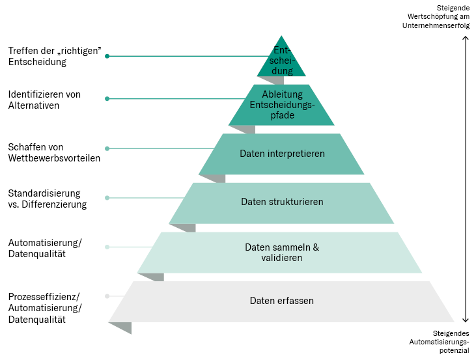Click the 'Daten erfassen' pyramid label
281,301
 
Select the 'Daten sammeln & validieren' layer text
281,253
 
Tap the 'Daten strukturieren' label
281,202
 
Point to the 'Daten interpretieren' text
281,154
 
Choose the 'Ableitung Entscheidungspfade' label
282,105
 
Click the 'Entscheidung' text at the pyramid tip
282,61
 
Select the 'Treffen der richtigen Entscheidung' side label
55,57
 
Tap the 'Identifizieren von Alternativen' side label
44,99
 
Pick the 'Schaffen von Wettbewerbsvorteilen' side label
54,152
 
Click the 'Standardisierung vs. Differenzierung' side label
47,199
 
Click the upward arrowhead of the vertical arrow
466,38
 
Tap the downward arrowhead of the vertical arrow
466,320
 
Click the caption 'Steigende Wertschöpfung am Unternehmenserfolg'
436,16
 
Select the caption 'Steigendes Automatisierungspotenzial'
439,341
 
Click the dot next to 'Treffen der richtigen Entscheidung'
107,57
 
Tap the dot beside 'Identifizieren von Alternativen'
107,99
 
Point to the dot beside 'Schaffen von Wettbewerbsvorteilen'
107,148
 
